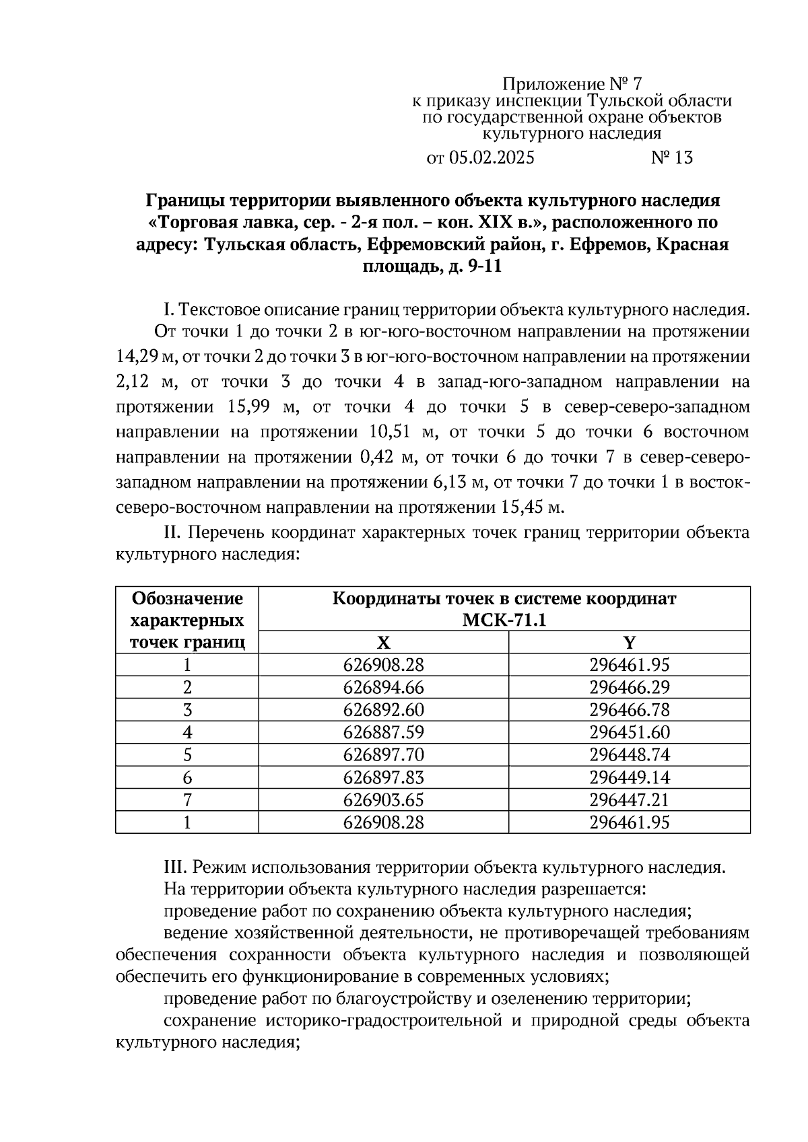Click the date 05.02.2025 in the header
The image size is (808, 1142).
(491, 158)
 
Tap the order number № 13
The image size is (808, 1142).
(671, 158)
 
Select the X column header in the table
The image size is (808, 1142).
(383, 642)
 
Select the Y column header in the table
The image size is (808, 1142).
(629, 642)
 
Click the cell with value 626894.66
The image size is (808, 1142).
(383, 688)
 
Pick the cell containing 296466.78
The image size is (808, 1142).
(629, 710)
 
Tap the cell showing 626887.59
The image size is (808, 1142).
(383, 732)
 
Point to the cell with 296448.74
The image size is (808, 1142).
(629, 754)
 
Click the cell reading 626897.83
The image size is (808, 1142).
(383, 777)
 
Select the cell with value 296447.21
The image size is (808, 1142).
(629, 800)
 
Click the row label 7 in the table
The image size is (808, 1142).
(187, 800)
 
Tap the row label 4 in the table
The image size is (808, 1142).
(187, 732)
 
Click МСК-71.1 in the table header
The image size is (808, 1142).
(504, 620)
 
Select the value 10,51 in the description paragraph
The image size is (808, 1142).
(393, 432)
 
